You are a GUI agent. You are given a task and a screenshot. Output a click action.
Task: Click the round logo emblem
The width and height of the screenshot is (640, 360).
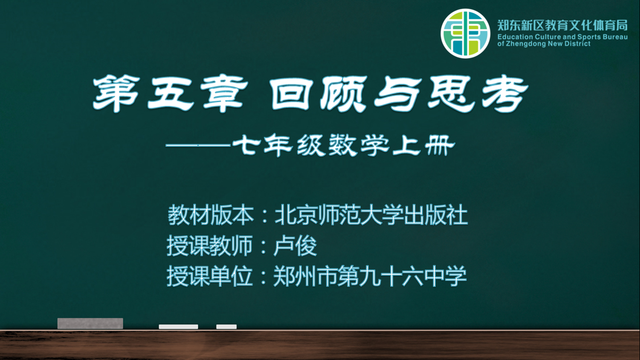465,33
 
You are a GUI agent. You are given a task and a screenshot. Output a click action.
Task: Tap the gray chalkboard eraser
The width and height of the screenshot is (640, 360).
90,323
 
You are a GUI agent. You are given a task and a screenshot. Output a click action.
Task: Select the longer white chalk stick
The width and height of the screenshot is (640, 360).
178,327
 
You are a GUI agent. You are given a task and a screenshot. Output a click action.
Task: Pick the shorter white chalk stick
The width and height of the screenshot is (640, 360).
226,327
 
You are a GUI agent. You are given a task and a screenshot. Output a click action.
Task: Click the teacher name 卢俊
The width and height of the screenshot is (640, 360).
295,246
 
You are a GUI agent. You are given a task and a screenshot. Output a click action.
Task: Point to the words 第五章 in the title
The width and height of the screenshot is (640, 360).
170,94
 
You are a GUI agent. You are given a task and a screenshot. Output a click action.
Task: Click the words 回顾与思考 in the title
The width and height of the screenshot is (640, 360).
400,94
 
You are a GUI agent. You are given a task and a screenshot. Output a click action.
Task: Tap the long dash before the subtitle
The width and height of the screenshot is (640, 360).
198,145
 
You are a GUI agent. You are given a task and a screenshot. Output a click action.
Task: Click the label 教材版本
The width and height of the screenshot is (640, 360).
210,215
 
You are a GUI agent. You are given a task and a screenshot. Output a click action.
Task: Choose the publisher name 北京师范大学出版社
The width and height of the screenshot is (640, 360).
371,215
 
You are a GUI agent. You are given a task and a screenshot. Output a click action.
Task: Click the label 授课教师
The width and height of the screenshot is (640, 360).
210,246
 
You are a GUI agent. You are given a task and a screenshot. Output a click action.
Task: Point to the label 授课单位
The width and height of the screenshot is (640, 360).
210,276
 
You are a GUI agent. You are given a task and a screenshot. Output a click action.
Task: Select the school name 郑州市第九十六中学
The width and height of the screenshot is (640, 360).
370,276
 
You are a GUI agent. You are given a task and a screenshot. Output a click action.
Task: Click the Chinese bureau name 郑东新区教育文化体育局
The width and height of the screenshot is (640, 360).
562,25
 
